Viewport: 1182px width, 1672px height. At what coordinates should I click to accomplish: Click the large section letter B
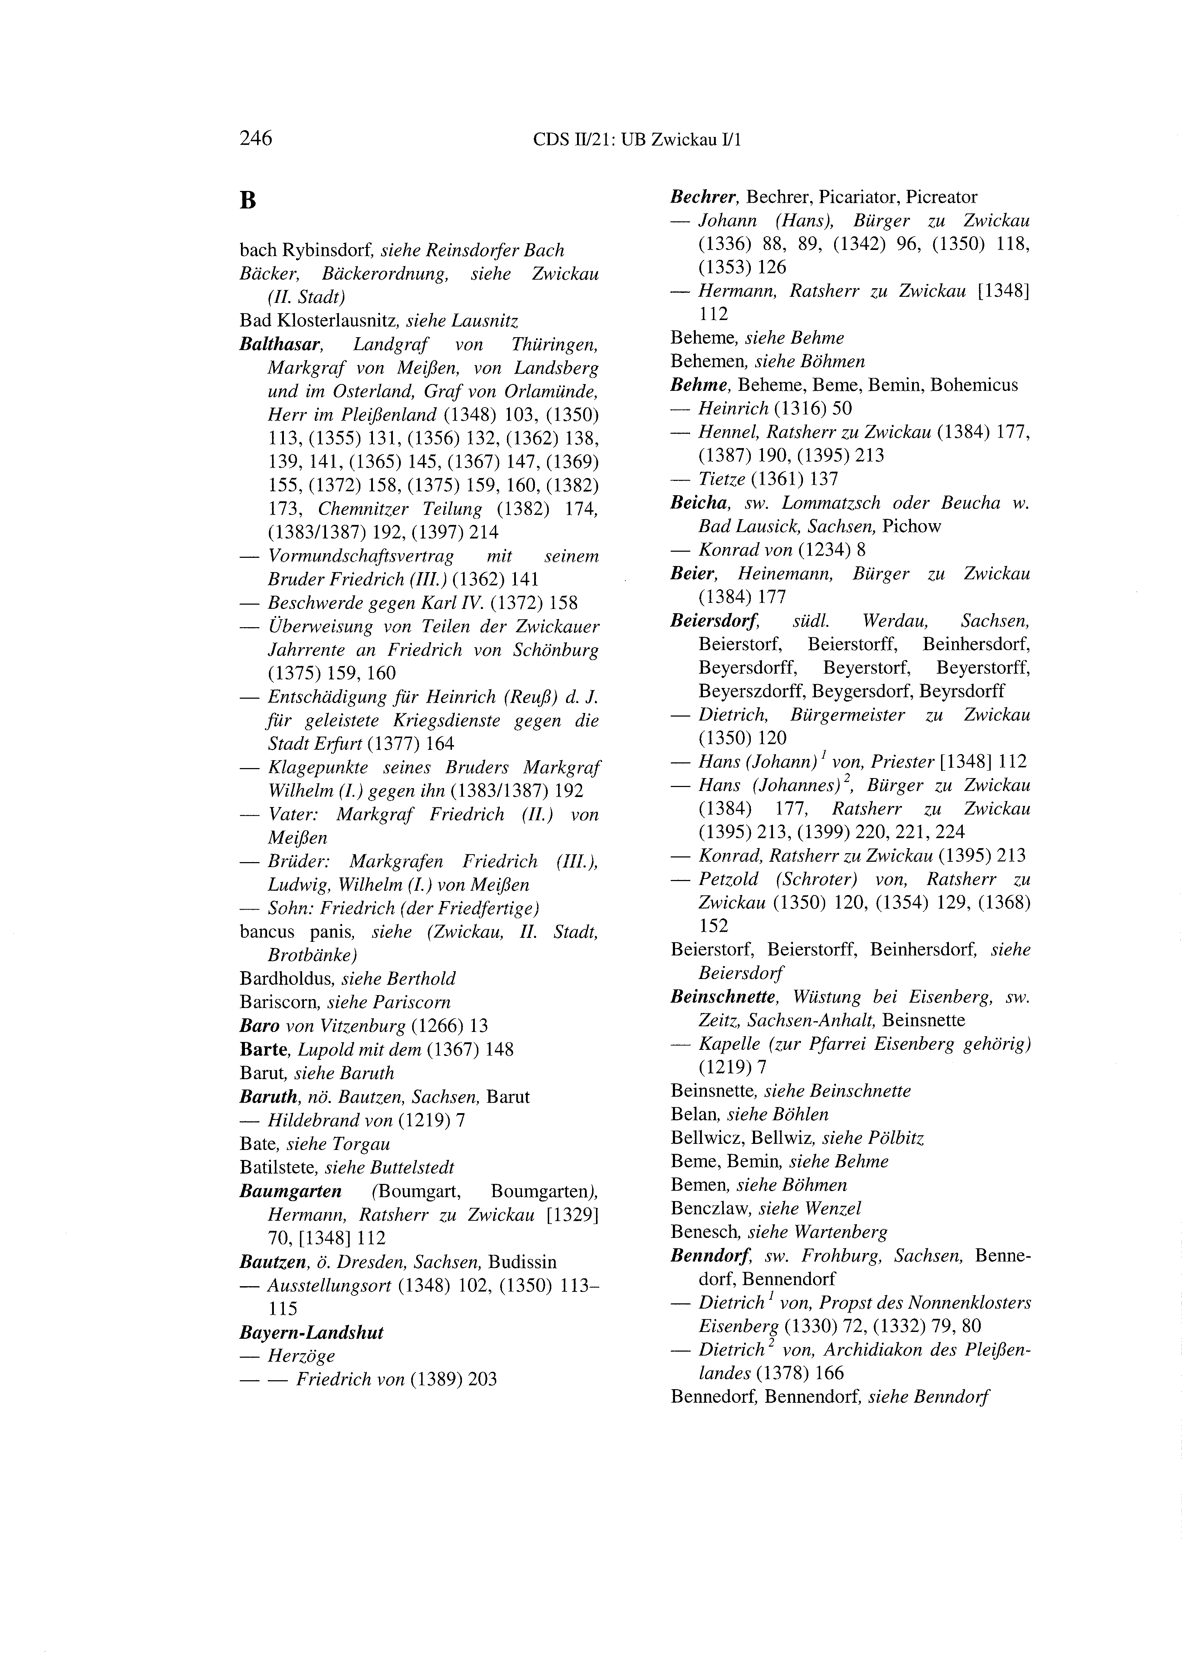(x=248, y=200)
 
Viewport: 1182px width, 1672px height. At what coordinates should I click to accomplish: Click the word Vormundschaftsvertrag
(x=360, y=556)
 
